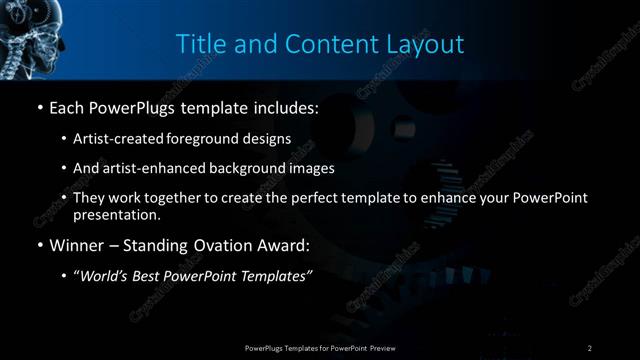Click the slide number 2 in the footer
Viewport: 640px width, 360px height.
[x=590, y=348]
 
